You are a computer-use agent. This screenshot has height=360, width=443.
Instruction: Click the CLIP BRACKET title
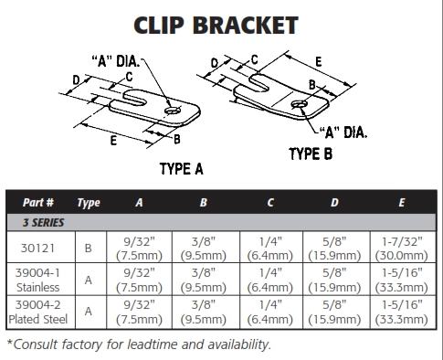coord(216,26)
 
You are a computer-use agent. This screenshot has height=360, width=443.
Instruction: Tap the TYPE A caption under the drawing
coord(182,169)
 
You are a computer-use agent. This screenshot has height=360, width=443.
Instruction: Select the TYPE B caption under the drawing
coord(311,154)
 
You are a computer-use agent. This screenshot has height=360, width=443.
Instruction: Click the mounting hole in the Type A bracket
coord(173,111)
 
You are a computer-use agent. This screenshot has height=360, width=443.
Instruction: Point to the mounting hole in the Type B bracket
coord(299,104)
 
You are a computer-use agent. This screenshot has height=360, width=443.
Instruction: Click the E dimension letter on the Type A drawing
coord(113,141)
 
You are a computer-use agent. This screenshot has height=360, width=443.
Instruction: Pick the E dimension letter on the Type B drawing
coord(319,62)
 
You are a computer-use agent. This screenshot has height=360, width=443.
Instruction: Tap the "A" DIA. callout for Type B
coord(343,132)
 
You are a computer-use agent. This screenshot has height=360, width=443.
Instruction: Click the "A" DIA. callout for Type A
coord(116,61)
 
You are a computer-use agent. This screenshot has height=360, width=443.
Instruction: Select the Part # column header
coord(38,202)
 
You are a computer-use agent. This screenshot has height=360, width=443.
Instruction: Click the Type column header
coord(89,203)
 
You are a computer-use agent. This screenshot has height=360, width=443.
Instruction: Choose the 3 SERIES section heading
coord(44,223)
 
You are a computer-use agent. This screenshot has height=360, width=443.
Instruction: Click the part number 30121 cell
coord(37,249)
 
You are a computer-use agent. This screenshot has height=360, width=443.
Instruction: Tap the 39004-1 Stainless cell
coord(38,280)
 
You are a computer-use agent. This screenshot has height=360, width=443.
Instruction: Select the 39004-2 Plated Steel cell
coord(38,312)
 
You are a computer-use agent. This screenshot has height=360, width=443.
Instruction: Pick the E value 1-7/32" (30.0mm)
coord(402,249)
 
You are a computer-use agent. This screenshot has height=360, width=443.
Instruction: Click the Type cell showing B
coord(88,249)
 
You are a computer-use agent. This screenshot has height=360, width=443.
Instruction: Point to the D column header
coord(334,203)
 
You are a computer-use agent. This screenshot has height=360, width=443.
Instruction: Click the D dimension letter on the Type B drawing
coord(215,63)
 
